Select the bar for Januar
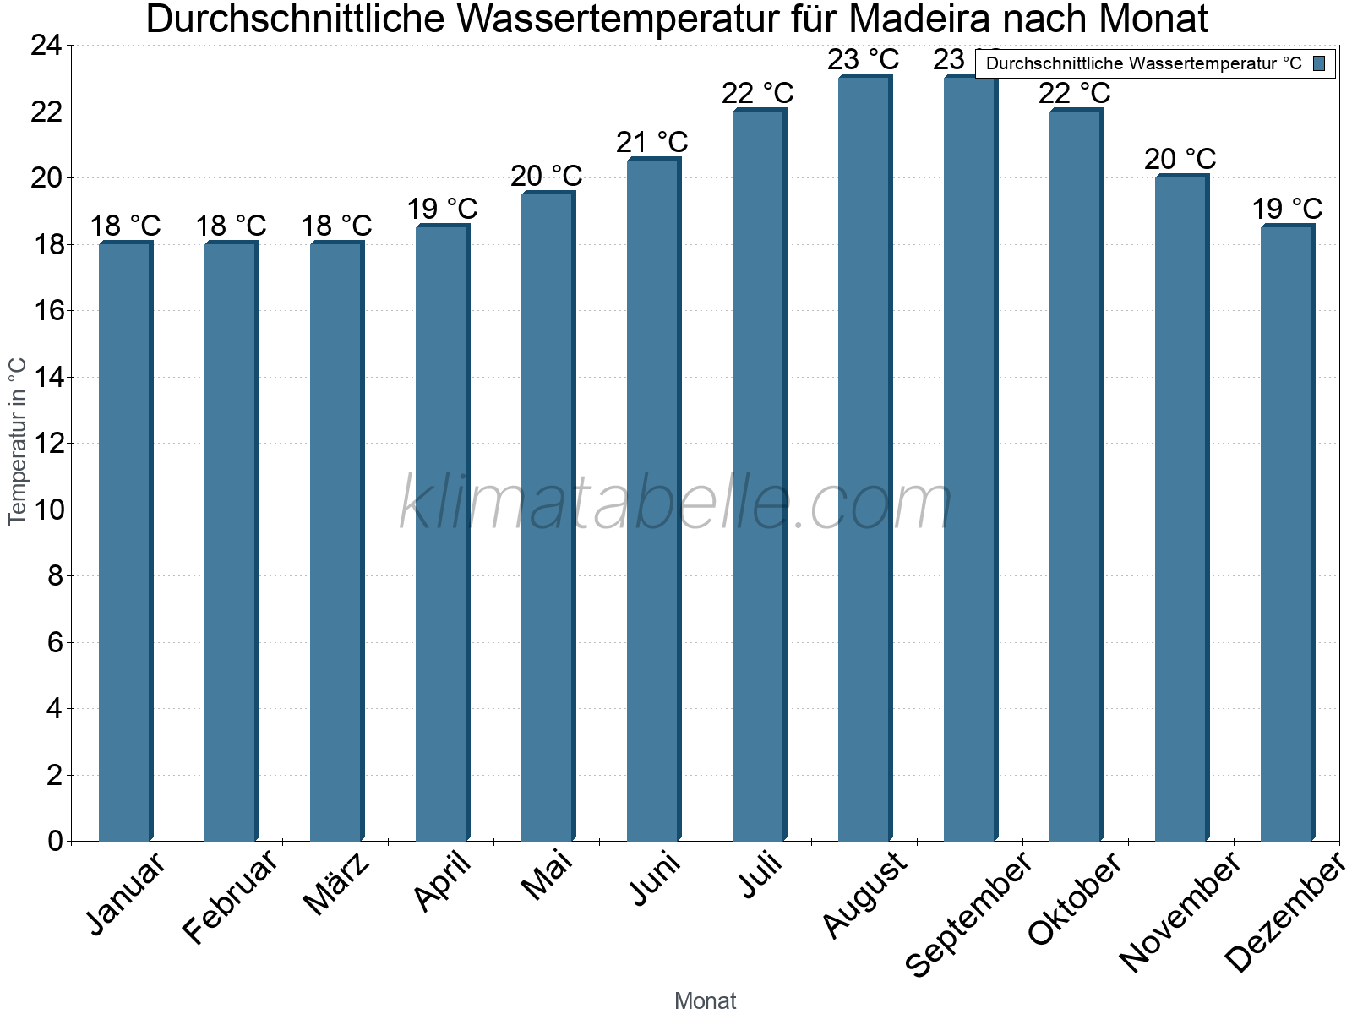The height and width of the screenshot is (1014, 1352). click(x=125, y=541)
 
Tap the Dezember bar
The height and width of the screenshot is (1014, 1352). click(x=1287, y=532)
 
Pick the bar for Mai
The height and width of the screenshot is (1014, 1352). click(x=548, y=516)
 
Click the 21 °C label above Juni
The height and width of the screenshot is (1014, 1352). click(x=652, y=142)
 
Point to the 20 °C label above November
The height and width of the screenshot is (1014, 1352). click(x=1180, y=159)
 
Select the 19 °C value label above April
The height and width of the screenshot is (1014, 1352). click(x=442, y=209)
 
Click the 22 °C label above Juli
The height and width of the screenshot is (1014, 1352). click(x=758, y=93)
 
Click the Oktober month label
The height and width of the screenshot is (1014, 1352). click(x=1075, y=899)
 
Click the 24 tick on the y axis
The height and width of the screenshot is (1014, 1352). click(x=47, y=46)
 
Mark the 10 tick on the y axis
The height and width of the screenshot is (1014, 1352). click(x=47, y=510)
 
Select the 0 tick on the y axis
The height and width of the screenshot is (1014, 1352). click(x=56, y=841)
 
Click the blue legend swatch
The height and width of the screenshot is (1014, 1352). click(x=1319, y=63)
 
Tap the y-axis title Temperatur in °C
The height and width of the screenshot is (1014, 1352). click(x=18, y=441)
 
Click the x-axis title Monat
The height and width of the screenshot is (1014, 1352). click(x=706, y=1001)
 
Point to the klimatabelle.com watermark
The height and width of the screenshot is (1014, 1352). click(x=676, y=503)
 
